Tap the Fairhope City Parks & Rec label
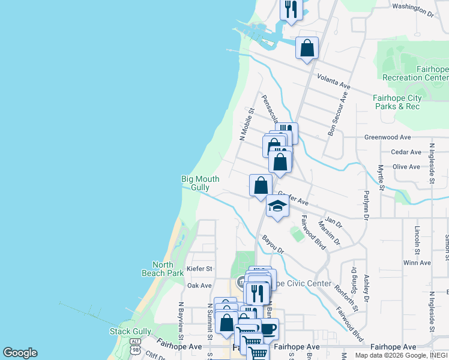[x=397, y=102]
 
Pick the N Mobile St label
[x=247, y=124]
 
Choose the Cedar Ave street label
[x=406, y=152]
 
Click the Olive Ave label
[x=406, y=167]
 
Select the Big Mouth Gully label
[x=200, y=183]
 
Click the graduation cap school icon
[x=277, y=206]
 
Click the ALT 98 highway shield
[x=136, y=345]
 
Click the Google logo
[x=20, y=353]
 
